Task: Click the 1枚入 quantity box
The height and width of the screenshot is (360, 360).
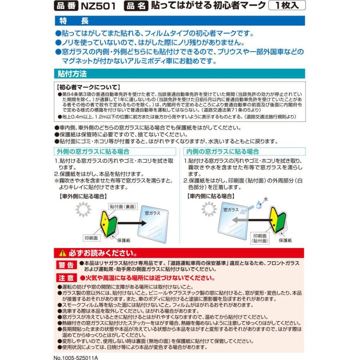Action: click(287, 6)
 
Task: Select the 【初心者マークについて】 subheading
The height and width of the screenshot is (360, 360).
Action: click(89, 87)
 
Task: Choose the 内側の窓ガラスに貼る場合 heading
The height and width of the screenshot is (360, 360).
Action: click(221, 152)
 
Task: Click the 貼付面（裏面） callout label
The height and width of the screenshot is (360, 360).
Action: click(124, 207)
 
